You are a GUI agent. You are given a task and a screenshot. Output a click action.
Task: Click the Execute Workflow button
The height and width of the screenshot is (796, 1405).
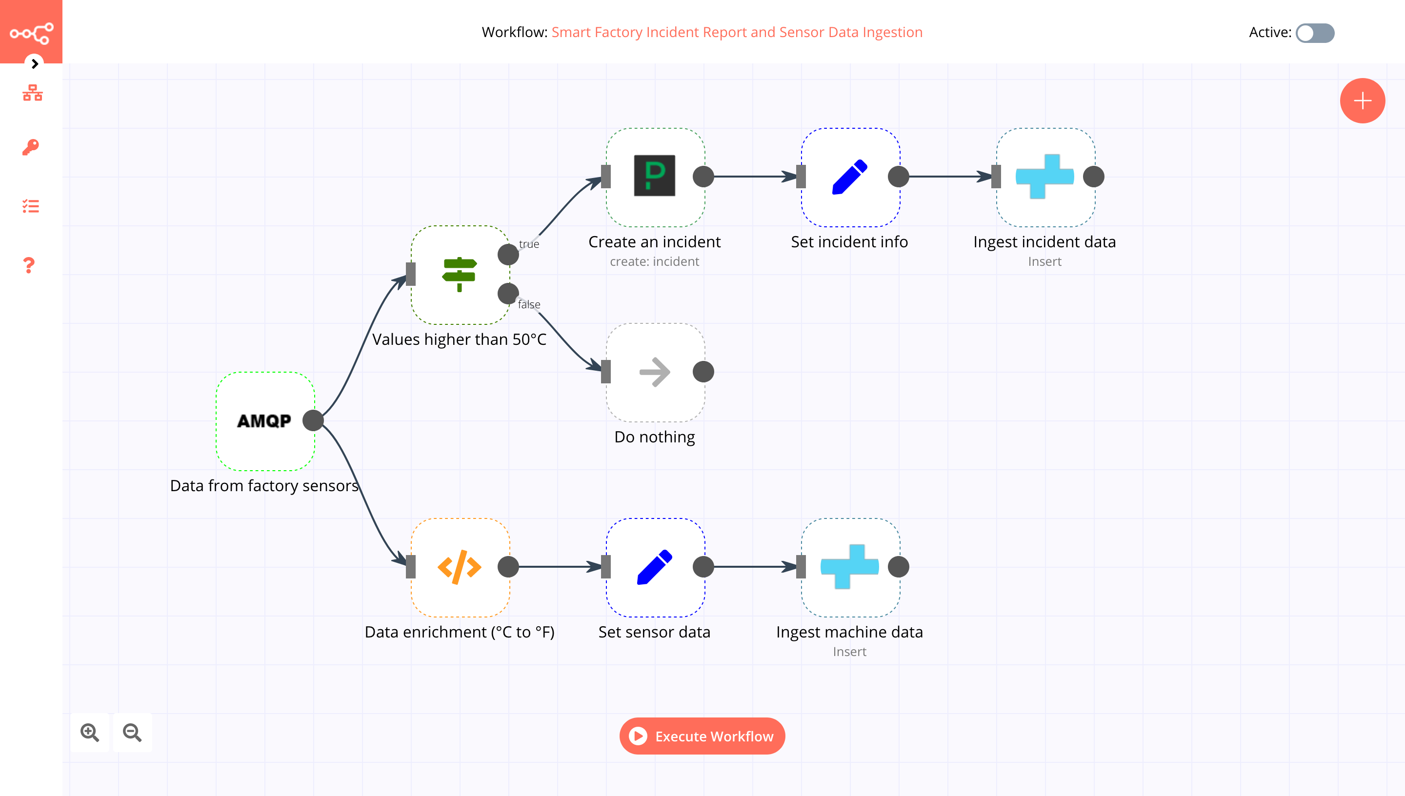tap(702, 736)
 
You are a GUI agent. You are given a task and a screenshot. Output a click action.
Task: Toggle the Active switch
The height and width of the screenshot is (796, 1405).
tap(1315, 33)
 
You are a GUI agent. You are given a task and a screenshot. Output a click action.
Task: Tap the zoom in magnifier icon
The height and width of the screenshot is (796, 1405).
tap(90, 732)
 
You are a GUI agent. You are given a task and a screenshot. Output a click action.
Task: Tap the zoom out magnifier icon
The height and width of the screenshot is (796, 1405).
tap(132, 732)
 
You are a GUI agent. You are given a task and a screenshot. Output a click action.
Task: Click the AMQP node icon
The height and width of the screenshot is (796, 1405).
tap(264, 420)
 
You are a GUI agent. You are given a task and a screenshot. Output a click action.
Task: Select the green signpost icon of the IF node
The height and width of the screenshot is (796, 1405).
tap(459, 275)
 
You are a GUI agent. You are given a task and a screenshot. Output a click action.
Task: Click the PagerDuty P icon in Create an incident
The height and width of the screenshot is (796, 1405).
tap(654, 176)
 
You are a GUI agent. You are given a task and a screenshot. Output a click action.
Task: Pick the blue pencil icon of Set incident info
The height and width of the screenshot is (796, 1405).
tap(849, 177)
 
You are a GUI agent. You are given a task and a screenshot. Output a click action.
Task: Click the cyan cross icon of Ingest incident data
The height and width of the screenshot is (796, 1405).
tap(1044, 176)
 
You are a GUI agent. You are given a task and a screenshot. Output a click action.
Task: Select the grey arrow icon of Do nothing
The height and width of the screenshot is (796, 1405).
tap(654, 372)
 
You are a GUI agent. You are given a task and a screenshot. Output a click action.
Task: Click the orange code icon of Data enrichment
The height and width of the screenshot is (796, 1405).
tap(459, 567)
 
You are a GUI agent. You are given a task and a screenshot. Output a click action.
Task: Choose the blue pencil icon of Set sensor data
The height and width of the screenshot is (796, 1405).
tap(654, 567)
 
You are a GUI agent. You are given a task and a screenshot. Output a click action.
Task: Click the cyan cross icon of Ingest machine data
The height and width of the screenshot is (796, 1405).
tap(849, 567)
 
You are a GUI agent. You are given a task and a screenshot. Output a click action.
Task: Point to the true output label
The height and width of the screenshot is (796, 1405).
tap(529, 244)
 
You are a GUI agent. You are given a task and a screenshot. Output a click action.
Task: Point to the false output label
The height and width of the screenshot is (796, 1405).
tap(529, 304)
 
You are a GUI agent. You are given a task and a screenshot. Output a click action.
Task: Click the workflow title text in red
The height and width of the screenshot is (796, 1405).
tap(736, 32)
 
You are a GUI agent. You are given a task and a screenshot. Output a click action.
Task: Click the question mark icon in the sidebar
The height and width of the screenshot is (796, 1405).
tap(29, 266)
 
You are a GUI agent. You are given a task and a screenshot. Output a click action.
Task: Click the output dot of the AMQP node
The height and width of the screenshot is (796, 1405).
tap(313, 420)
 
